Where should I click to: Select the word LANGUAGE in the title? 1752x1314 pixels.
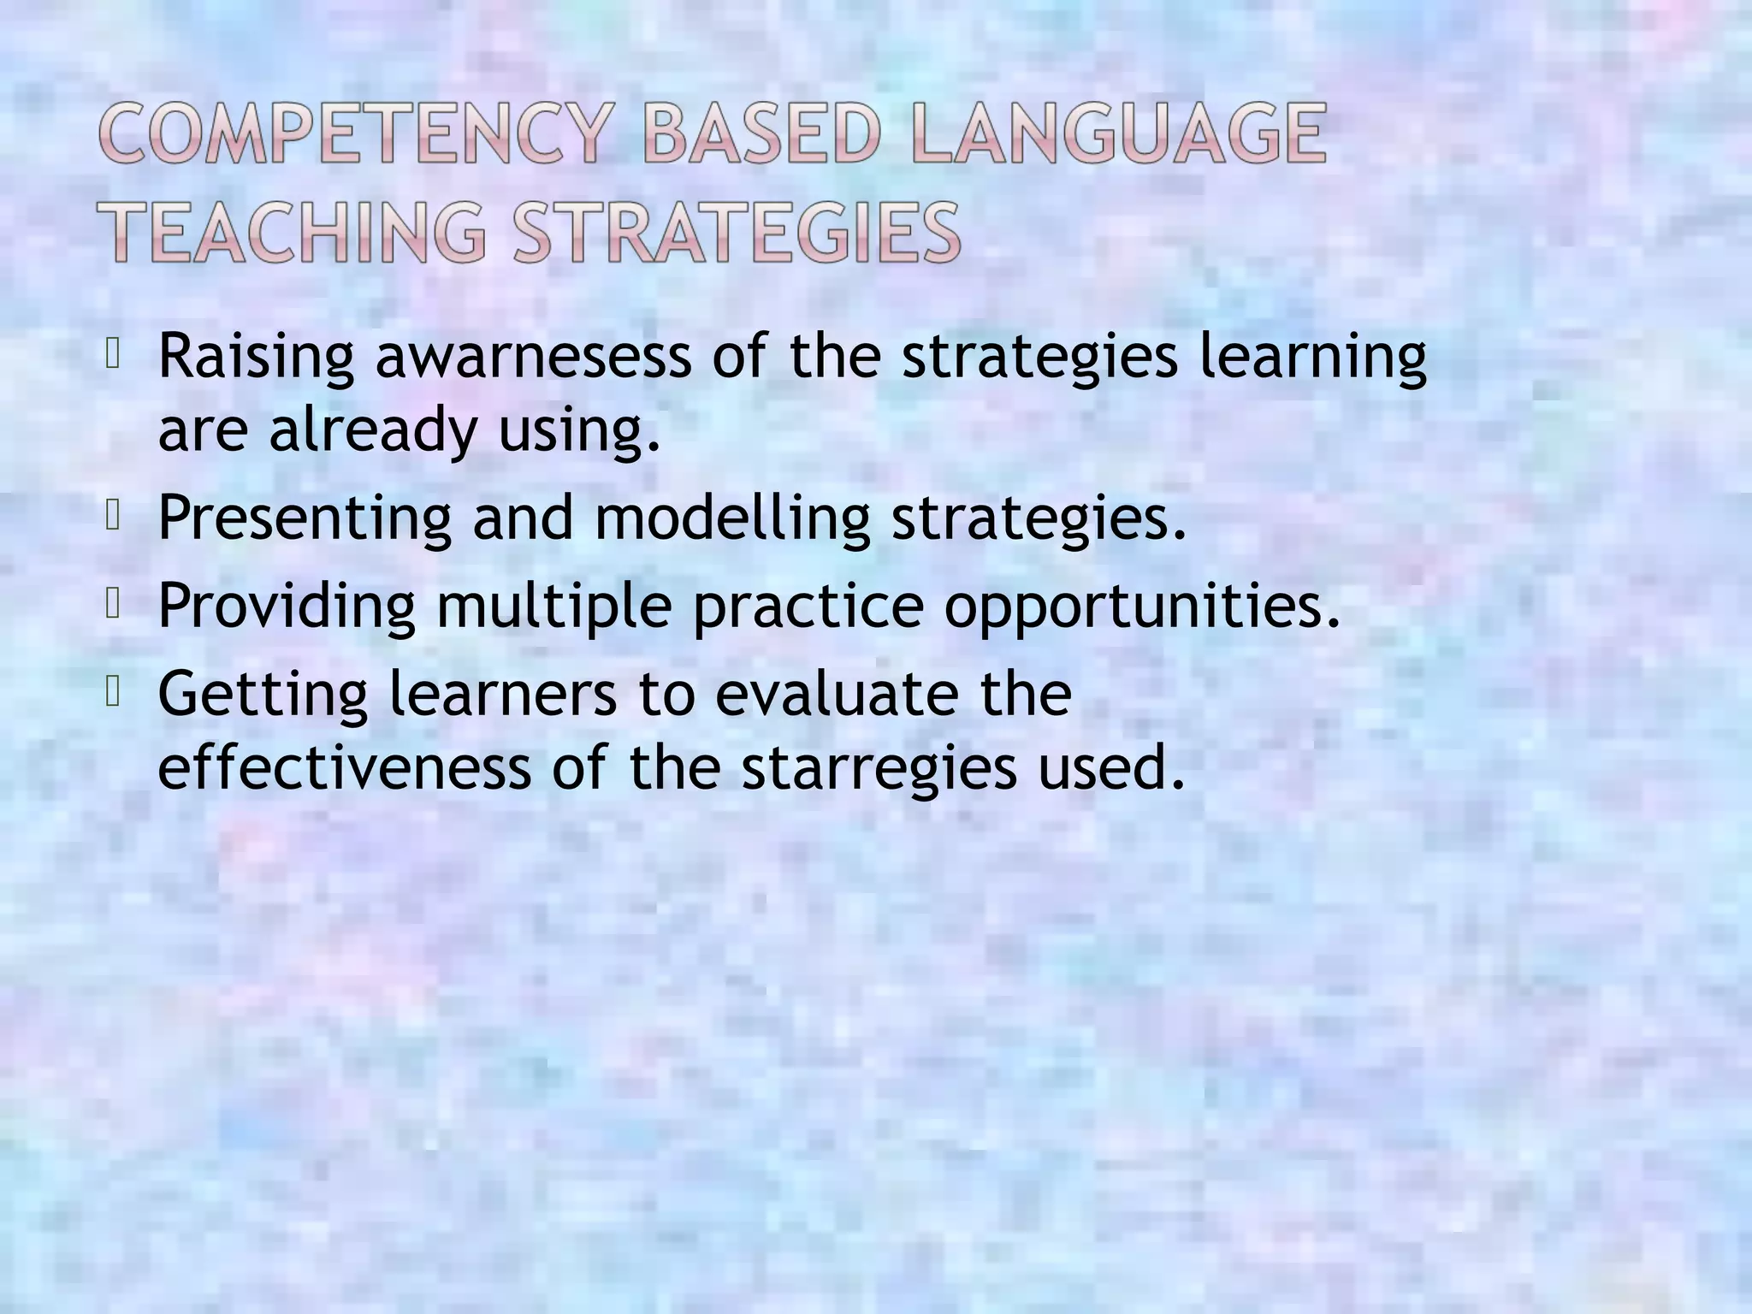[x=1118, y=133]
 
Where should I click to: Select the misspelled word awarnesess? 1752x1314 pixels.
[x=533, y=358]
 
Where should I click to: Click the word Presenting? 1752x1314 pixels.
[x=305, y=518]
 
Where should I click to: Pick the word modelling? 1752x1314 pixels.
[x=732, y=518]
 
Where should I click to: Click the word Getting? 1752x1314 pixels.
[x=263, y=695]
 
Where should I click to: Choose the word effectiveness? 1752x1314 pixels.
[x=344, y=766]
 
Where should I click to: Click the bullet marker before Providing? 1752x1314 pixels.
[x=111, y=603]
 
